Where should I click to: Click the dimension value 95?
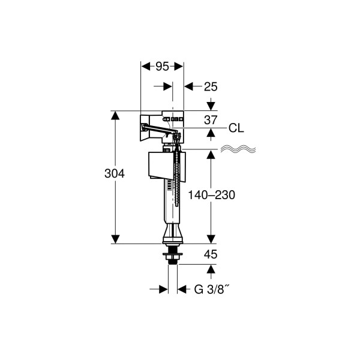click(x=163, y=67)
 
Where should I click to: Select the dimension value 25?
click(x=211, y=87)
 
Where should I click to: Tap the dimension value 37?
click(x=211, y=120)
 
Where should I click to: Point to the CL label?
click(x=236, y=128)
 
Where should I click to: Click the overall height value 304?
click(x=115, y=173)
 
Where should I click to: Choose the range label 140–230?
click(x=211, y=195)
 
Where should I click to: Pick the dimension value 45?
click(x=211, y=254)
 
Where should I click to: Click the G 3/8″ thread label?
click(x=212, y=289)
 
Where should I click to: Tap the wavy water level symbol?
click(x=238, y=149)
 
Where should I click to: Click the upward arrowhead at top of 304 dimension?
click(x=115, y=115)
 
